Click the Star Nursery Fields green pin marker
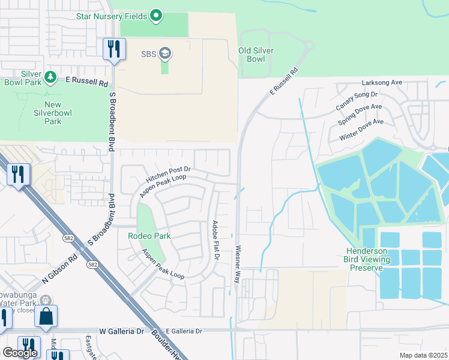(156, 15)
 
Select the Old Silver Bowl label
(260, 55)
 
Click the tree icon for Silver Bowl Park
(50, 77)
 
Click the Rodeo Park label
(149, 236)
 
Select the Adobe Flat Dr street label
(214, 239)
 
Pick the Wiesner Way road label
(238, 264)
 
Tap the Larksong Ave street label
(381, 83)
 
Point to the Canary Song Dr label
(357, 100)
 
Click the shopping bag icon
(46, 316)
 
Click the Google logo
(20, 353)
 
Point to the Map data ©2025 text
(423, 355)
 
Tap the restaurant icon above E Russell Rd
(114, 48)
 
